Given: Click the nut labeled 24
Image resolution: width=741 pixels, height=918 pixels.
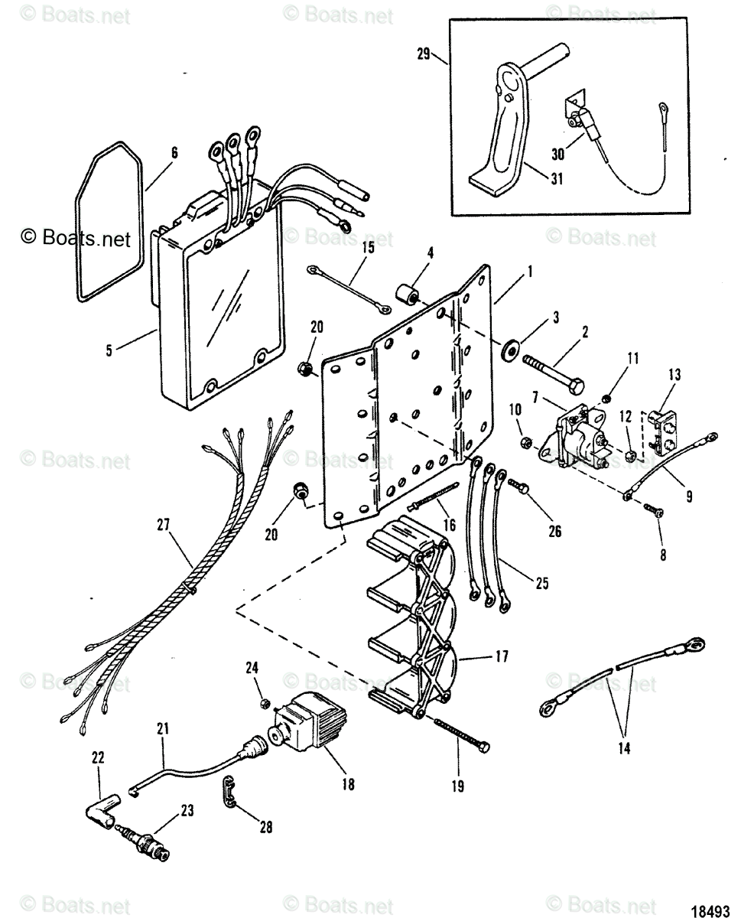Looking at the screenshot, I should click(x=262, y=703).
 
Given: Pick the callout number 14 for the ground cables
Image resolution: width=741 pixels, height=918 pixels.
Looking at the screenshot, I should click(x=624, y=749).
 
